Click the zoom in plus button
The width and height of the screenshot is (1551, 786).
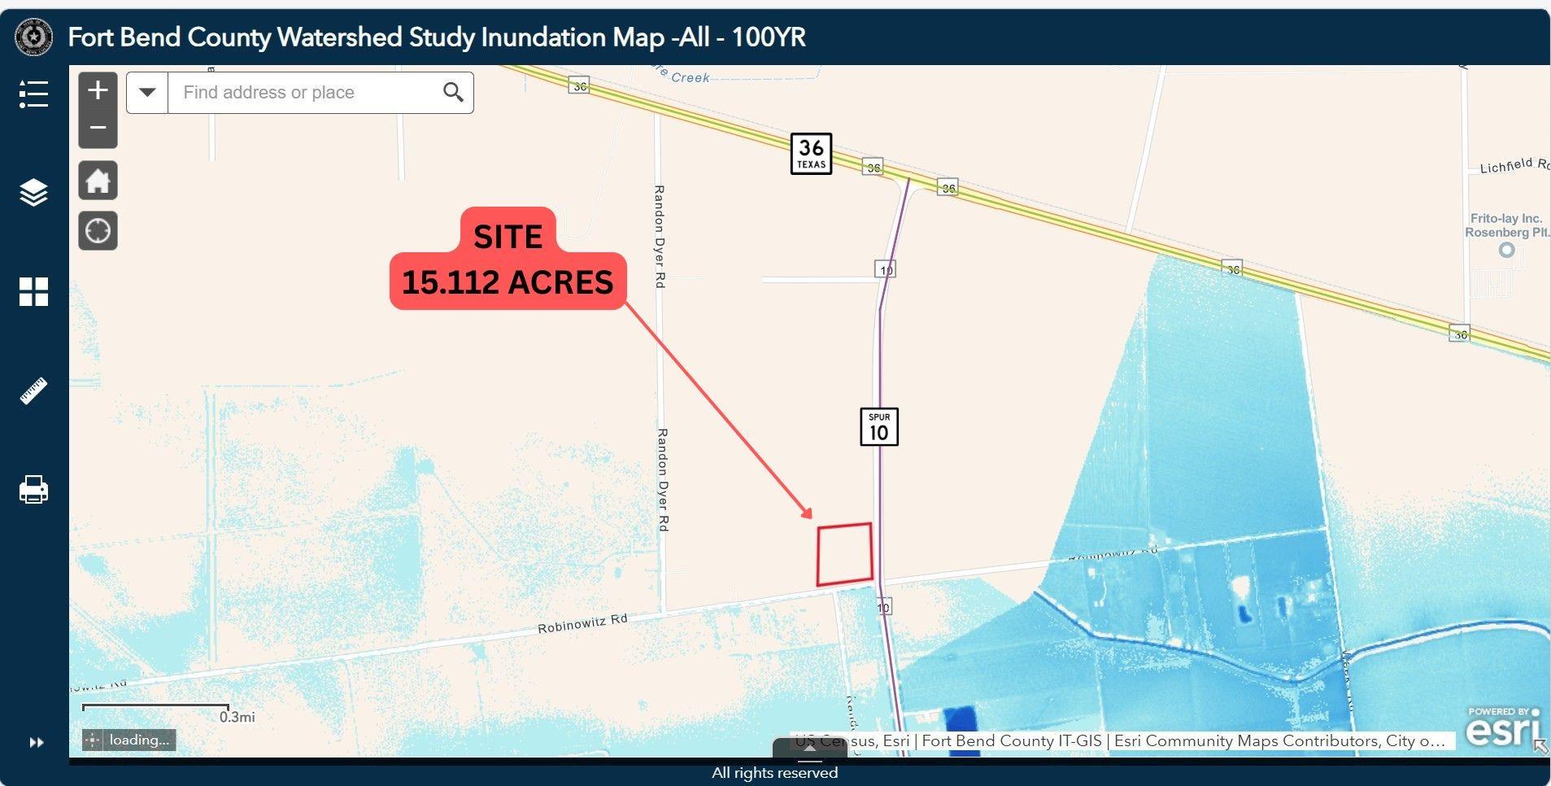coord(98,90)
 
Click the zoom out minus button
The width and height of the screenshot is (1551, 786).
coord(98,128)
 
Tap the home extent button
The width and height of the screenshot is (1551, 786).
coord(98,181)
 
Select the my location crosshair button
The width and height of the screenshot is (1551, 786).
coord(98,231)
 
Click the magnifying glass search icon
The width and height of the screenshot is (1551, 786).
coord(453,93)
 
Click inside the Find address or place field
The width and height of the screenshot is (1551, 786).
coord(301,93)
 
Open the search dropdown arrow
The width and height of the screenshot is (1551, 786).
coord(147,93)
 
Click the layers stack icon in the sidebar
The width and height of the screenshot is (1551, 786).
coord(33,193)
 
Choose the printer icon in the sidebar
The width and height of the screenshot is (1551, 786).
coord(33,490)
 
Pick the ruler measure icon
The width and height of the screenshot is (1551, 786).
coord(33,391)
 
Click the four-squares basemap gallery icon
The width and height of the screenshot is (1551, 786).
coord(33,291)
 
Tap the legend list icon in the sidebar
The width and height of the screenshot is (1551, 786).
coord(33,94)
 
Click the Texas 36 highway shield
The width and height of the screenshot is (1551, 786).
coord(811,153)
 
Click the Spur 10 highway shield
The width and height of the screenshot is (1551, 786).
coord(878,426)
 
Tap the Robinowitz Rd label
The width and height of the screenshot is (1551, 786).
coord(582,624)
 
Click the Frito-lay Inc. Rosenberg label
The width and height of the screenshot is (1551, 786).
coord(1506,225)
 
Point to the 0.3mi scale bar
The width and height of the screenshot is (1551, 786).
coord(155,707)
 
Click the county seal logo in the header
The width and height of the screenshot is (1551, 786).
coord(34,37)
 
